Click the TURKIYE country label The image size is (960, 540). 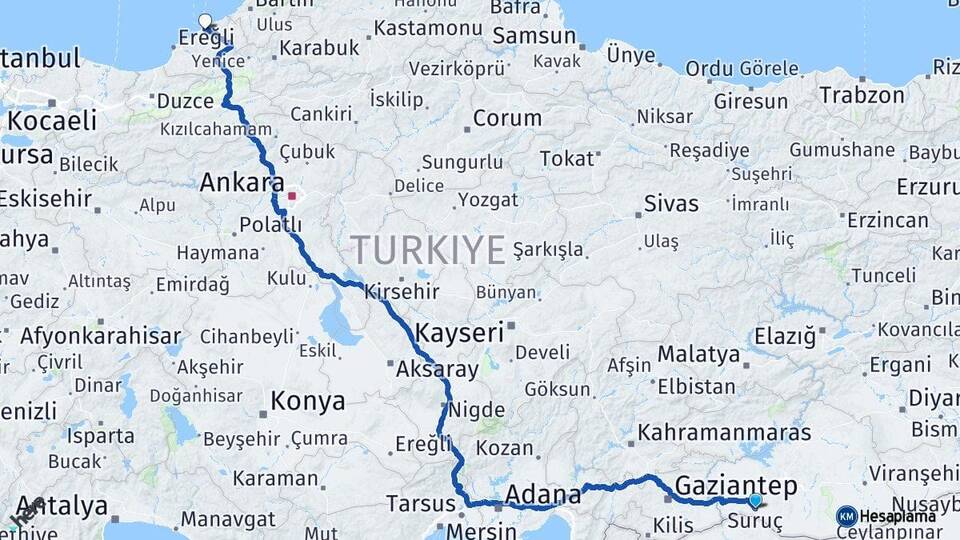(x=428, y=249)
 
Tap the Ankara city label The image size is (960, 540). (x=242, y=183)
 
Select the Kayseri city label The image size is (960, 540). (x=459, y=333)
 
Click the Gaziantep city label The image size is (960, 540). (x=736, y=487)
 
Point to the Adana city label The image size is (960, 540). (x=543, y=494)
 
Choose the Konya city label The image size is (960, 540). (x=308, y=402)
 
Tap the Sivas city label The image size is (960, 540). (x=671, y=204)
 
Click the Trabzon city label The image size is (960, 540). (x=862, y=96)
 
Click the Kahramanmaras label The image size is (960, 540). (x=724, y=433)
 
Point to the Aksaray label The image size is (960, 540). (x=438, y=369)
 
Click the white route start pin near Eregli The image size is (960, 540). (x=206, y=21)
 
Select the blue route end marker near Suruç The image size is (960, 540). (x=755, y=500)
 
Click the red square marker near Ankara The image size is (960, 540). (x=291, y=196)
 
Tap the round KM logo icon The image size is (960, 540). (x=846, y=516)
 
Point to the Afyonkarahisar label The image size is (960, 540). (x=101, y=336)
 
